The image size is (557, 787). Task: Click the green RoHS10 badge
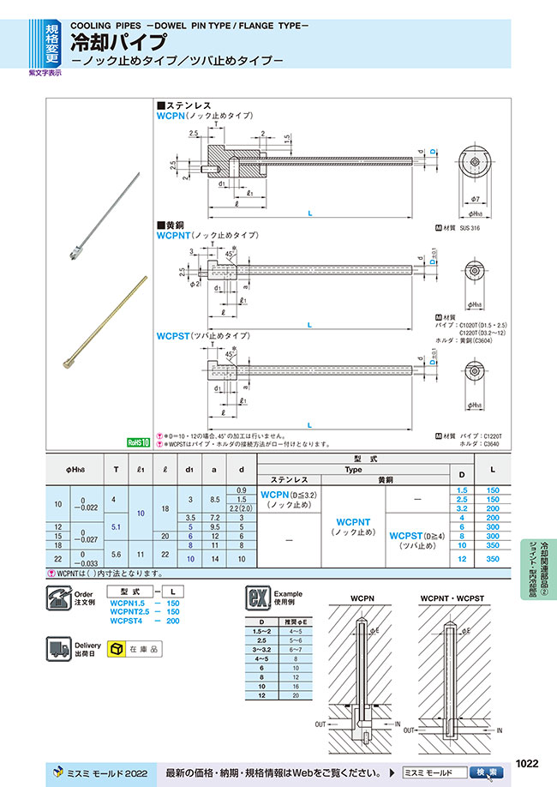(x=138, y=442)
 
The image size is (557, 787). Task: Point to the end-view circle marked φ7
(x=473, y=165)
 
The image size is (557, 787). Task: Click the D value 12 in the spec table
(x=462, y=559)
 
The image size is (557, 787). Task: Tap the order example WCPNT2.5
(x=133, y=611)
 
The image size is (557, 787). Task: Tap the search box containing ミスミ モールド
(x=435, y=772)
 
